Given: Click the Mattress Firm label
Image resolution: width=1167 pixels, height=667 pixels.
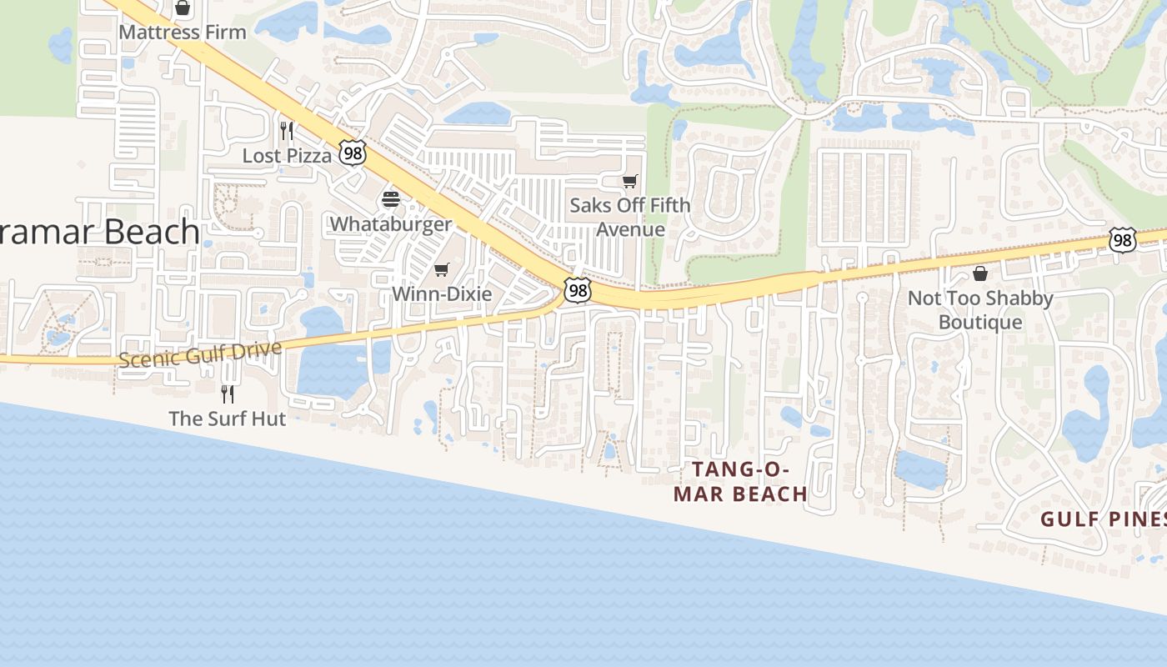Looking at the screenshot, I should pyautogui.click(x=183, y=33).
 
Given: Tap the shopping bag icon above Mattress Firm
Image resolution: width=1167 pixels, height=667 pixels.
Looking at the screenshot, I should pyautogui.click(x=183, y=8).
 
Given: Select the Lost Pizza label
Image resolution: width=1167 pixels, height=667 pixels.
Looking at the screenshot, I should pyautogui.click(x=287, y=155).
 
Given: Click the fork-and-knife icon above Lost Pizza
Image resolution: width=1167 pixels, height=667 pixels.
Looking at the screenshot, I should pyautogui.click(x=287, y=131).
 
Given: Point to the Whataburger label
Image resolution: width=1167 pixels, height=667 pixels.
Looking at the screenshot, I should pyautogui.click(x=391, y=223).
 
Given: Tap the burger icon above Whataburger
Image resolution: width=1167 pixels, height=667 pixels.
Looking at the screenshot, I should pyautogui.click(x=391, y=199).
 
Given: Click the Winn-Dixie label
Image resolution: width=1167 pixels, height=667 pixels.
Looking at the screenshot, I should pyautogui.click(x=442, y=293).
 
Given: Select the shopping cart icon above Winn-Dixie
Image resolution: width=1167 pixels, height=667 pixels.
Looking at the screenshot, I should pyautogui.click(x=442, y=269).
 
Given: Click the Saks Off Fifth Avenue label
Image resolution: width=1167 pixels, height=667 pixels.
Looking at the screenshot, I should pyautogui.click(x=630, y=217).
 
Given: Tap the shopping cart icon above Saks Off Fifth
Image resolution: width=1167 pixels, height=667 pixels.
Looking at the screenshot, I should pyautogui.click(x=630, y=181).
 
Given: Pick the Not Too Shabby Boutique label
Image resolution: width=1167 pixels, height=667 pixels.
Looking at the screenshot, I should pyautogui.click(x=980, y=309).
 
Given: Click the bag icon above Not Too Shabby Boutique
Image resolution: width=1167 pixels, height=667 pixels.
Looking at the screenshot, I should pyautogui.click(x=980, y=273).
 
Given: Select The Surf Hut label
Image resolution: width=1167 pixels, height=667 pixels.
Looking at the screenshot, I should pyautogui.click(x=227, y=419).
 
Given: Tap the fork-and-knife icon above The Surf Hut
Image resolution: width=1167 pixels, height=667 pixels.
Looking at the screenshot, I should pyautogui.click(x=227, y=394).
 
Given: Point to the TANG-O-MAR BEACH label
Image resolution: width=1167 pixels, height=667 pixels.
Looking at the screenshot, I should pyautogui.click(x=740, y=482).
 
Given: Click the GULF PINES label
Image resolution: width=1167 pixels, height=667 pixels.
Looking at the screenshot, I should pyautogui.click(x=1103, y=519).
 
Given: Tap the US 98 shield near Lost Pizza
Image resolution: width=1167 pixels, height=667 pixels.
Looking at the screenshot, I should pyautogui.click(x=352, y=153).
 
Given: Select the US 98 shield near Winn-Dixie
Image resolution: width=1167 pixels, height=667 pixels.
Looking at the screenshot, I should pyautogui.click(x=577, y=289).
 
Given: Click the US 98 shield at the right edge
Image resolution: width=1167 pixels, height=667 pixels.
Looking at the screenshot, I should pyautogui.click(x=1122, y=240).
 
